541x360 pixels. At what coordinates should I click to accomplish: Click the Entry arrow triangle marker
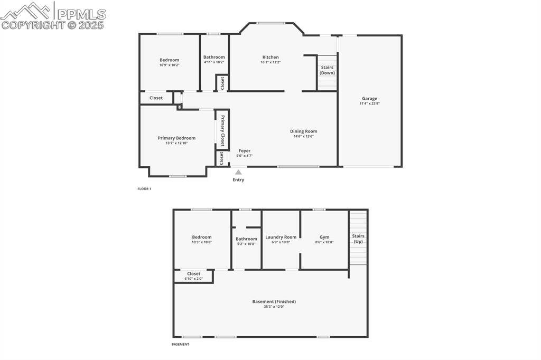point(238,172)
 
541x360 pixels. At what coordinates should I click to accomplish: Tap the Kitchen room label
point(270,57)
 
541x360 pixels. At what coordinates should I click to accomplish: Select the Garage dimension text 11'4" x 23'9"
point(369,103)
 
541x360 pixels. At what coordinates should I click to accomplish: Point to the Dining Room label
point(303,131)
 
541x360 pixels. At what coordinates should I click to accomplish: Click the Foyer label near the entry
point(244,150)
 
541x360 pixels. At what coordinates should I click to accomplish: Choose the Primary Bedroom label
point(176,138)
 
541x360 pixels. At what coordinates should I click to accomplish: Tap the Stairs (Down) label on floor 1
point(327,70)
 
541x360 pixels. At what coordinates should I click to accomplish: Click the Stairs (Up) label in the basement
point(358,239)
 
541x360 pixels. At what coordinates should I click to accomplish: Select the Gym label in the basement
point(324,237)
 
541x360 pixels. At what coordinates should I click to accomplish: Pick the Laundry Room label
point(281,237)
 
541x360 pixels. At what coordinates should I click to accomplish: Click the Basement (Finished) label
point(274,301)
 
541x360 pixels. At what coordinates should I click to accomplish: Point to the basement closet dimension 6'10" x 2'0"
point(193,279)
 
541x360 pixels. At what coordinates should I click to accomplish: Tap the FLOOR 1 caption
point(144,188)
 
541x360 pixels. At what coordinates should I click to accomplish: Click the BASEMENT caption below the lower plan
point(180,344)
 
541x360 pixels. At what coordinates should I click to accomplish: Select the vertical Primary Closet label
point(222,130)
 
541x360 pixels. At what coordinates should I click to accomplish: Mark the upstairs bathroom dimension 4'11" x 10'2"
point(214,62)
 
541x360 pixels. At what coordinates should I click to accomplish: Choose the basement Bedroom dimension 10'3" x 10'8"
point(202,242)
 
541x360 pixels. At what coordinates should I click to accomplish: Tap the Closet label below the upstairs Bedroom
point(156,98)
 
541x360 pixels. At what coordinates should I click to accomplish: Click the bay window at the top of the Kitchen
point(271,23)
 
